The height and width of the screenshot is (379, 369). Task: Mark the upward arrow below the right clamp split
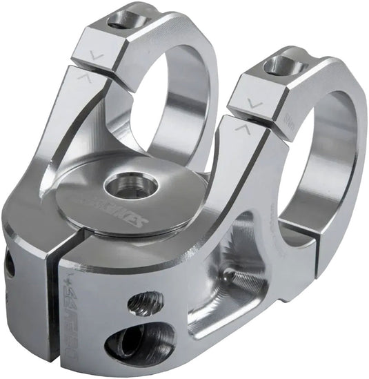242,128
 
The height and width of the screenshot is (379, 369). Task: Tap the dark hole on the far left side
9,266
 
